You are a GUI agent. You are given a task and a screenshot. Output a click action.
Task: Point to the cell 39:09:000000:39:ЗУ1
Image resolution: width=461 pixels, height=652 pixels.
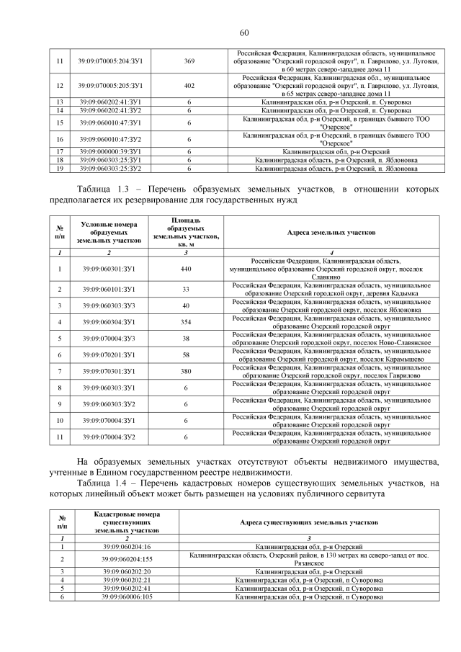[x=110, y=152]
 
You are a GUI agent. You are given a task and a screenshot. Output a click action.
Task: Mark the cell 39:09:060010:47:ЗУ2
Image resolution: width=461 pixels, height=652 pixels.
[x=110, y=139]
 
